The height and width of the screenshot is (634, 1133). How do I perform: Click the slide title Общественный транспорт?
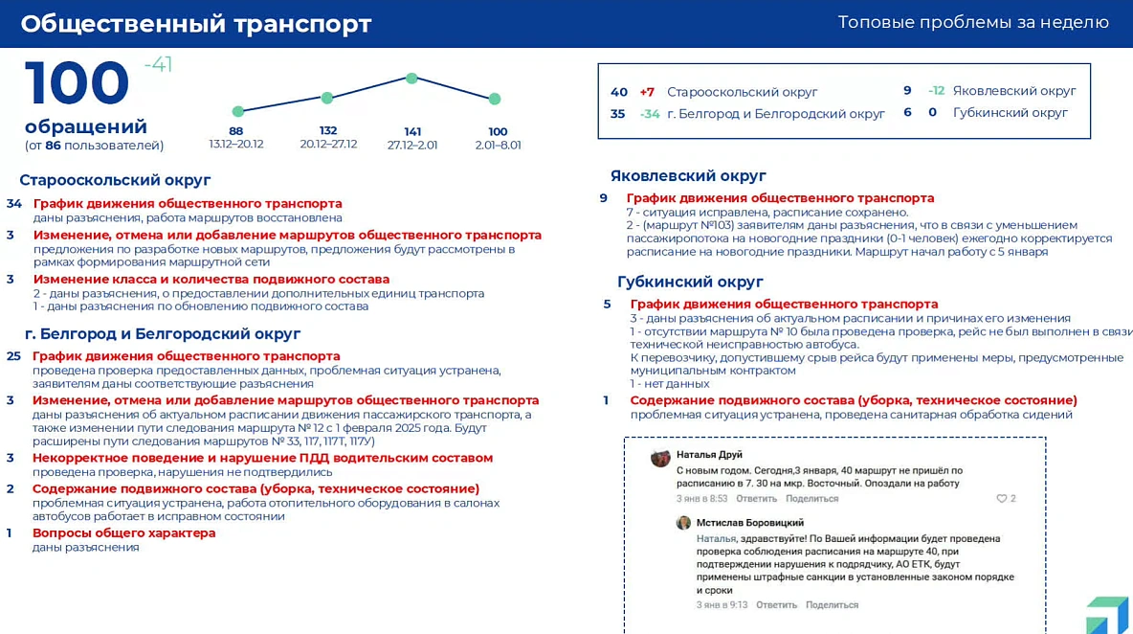[x=196, y=24]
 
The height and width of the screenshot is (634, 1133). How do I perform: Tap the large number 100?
[x=78, y=83]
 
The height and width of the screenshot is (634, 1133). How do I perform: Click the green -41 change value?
[x=158, y=65]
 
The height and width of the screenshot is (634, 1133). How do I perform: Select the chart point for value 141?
[x=411, y=79]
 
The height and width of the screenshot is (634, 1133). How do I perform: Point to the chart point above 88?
[x=238, y=111]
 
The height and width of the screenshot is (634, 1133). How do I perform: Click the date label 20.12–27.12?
[x=328, y=145]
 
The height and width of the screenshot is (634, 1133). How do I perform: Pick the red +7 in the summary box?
[x=647, y=92]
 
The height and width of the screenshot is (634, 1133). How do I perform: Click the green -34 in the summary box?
[x=650, y=114]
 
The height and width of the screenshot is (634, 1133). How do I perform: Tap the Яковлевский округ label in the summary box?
[x=1014, y=91]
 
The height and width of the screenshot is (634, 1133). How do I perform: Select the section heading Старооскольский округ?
[x=115, y=180]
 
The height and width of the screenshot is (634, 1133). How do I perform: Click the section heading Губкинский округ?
[x=690, y=282]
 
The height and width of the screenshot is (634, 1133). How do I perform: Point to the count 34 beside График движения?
[x=14, y=203]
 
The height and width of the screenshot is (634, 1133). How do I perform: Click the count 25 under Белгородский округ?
[x=13, y=355]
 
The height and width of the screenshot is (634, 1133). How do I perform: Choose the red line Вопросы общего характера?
[x=124, y=532]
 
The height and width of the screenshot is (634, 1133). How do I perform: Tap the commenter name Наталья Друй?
[x=709, y=455]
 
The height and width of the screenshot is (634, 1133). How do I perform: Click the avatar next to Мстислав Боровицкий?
[x=683, y=523]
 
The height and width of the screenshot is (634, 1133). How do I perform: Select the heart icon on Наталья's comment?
[x=1002, y=499]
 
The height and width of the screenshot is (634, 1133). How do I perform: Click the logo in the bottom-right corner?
[x=1107, y=614]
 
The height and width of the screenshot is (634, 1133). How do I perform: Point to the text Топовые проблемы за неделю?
[x=973, y=22]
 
